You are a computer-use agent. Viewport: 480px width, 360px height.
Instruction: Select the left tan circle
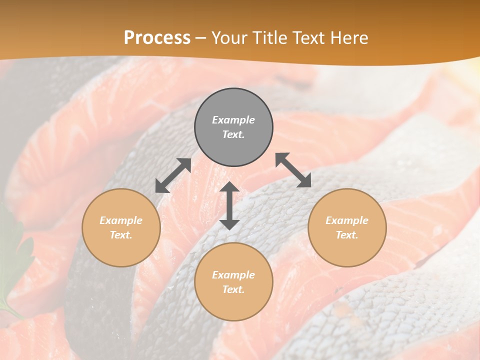(x=121, y=227)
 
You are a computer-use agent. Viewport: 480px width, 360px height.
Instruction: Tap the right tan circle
(x=347, y=227)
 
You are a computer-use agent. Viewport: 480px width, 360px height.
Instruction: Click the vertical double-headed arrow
(x=229, y=205)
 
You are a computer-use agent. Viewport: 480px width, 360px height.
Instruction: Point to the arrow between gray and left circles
(x=173, y=175)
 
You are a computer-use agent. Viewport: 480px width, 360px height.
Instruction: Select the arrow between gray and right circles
(x=293, y=170)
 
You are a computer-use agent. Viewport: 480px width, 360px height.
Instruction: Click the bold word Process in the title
(x=157, y=37)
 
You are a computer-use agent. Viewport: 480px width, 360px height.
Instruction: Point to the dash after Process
(x=200, y=38)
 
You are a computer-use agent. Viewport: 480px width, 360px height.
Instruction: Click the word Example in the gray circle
(x=233, y=120)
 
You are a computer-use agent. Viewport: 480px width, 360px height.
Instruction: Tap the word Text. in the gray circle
(x=233, y=134)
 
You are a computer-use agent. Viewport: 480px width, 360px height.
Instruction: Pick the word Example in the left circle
(x=121, y=220)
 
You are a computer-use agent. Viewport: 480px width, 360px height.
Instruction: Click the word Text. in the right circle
(x=347, y=235)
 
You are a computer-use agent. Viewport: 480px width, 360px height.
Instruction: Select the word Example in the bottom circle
(x=233, y=275)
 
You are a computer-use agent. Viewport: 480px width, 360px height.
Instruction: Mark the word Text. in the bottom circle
(x=233, y=289)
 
